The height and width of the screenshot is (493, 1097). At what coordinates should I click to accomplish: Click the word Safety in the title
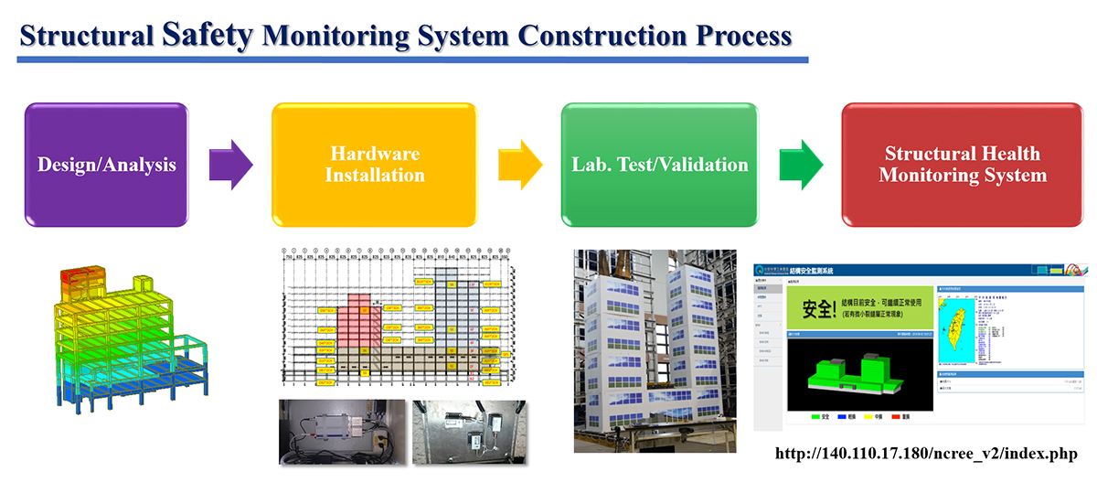(x=208, y=34)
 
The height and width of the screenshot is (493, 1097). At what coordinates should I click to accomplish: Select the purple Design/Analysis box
(x=106, y=165)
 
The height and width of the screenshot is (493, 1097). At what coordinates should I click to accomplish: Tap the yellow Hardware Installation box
(x=374, y=165)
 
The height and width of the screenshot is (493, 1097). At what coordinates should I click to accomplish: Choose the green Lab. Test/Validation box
(x=659, y=165)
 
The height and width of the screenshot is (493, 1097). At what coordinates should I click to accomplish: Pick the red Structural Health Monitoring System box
(x=963, y=165)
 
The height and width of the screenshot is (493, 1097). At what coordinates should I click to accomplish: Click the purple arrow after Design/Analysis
(x=230, y=165)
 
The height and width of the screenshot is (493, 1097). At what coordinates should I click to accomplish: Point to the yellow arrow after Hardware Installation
(x=519, y=165)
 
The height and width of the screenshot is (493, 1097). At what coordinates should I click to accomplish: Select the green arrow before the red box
(x=801, y=165)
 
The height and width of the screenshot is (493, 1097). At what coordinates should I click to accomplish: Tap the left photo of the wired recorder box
(x=341, y=431)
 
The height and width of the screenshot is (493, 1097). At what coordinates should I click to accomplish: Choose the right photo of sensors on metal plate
(x=469, y=431)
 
